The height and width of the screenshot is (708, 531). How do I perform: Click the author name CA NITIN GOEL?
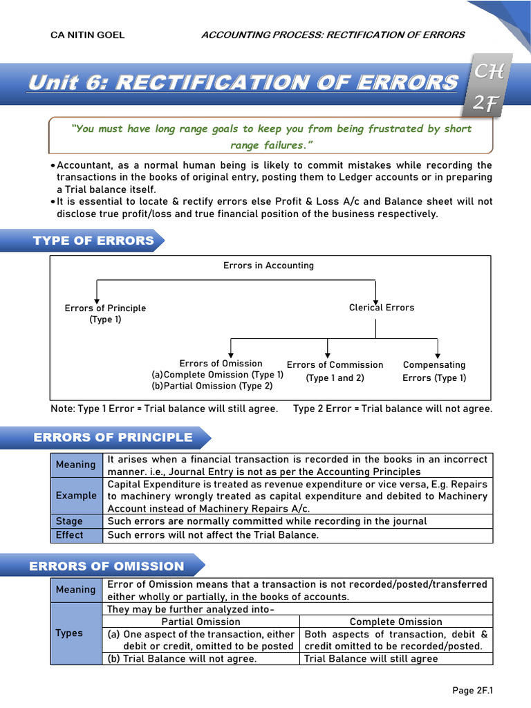click(88, 35)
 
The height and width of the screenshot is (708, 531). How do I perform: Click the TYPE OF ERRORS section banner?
click(94, 241)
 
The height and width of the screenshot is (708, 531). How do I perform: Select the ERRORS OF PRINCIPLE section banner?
click(113, 437)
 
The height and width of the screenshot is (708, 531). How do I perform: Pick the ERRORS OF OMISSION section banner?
click(106, 566)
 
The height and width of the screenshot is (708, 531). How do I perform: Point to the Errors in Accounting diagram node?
click(268, 265)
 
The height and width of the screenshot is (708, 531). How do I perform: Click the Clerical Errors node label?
click(382, 308)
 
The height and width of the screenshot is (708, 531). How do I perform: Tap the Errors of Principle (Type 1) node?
click(105, 314)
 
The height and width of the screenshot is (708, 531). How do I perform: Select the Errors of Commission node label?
click(335, 365)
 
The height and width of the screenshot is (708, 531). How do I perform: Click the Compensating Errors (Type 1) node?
click(434, 371)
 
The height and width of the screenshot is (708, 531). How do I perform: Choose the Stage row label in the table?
click(69, 521)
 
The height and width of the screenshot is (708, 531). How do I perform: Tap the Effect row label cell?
click(69, 535)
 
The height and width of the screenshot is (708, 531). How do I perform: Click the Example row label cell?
click(76, 496)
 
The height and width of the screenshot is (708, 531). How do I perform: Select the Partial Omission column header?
click(201, 622)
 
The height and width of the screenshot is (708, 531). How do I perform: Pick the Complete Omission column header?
click(396, 622)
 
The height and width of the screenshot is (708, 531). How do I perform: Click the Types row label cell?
click(69, 633)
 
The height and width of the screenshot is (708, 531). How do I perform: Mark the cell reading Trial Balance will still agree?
click(371, 659)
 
